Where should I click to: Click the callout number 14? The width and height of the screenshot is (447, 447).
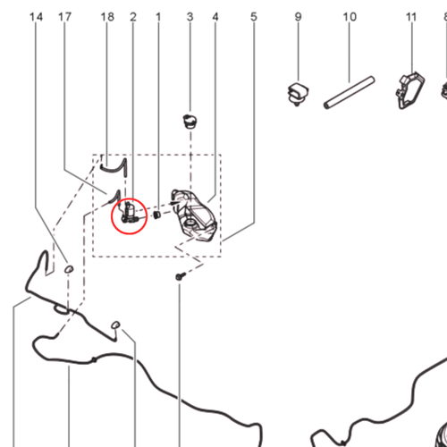click(x=36, y=17)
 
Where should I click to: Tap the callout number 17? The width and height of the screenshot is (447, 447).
click(x=64, y=17)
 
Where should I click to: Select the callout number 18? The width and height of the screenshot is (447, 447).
click(x=107, y=17)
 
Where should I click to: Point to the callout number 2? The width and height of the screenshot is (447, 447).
click(x=133, y=17)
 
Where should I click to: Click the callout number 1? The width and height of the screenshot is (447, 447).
click(x=158, y=17)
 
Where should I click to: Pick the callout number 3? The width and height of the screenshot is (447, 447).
click(x=190, y=17)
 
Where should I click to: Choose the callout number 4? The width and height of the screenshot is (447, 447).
click(x=215, y=17)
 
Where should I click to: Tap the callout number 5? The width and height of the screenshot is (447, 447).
click(x=254, y=17)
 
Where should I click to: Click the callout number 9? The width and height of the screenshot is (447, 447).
click(x=298, y=17)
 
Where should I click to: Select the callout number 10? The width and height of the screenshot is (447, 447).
click(x=350, y=17)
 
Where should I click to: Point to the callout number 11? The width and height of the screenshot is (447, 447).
click(x=411, y=17)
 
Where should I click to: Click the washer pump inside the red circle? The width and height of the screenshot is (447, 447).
click(x=130, y=213)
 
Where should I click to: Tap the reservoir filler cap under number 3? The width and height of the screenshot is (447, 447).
click(x=190, y=122)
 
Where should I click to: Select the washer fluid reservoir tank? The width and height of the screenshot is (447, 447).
click(x=195, y=215)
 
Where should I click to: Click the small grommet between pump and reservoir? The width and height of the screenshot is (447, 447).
click(x=156, y=215)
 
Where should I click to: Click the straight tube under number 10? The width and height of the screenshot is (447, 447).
click(x=350, y=93)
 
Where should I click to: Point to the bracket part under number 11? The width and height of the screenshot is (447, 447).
click(x=410, y=90)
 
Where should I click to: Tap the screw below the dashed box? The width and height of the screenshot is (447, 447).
click(x=181, y=276)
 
